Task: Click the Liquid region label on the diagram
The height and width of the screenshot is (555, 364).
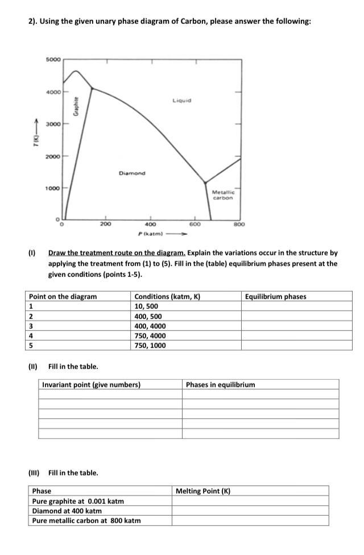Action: [181, 101]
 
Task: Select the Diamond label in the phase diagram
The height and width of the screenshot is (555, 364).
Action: [132, 173]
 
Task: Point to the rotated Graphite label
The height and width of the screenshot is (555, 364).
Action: [76, 106]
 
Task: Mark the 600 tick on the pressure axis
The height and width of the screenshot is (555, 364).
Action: [195, 225]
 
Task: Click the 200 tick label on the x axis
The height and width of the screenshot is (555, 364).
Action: [106, 225]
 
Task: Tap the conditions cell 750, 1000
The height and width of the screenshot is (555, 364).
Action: [150, 345]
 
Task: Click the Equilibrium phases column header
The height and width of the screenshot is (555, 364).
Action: [275, 296]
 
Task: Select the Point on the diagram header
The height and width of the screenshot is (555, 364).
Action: [63, 296]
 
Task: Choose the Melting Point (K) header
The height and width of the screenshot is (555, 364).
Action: [202, 491]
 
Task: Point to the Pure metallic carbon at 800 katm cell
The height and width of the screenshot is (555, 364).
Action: [86, 520]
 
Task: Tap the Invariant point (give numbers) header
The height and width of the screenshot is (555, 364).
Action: [92, 384]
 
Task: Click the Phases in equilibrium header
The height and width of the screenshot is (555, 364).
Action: [221, 384]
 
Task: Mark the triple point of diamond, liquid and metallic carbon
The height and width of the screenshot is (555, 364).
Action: [206, 183]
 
